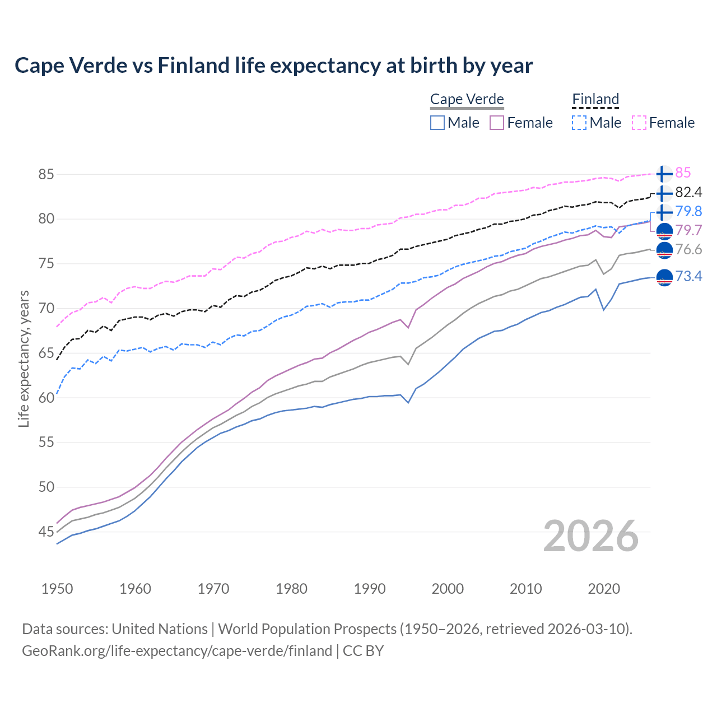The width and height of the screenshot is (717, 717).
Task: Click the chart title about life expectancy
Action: coord(273,66)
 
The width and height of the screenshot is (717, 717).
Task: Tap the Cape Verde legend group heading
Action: coord(467,99)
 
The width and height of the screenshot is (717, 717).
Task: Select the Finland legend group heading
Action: coord(595,99)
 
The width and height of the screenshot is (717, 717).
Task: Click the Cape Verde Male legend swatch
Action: coord(437,123)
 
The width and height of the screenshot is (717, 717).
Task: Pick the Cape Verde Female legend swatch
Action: coord(497,123)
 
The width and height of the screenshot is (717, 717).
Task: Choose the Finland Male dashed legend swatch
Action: coord(579,123)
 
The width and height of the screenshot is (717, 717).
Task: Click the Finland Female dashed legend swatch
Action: coord(639,123)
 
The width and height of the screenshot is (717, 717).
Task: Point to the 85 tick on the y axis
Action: coord(46,174)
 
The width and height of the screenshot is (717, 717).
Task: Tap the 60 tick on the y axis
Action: coord(46,398)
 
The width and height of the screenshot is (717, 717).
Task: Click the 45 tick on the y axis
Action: coord(46,532)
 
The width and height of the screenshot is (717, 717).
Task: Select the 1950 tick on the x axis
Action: coord(57,589)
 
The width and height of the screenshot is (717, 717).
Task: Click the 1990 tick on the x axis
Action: coord(370,589)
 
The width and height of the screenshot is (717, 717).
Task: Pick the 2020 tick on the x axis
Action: coord(604,589)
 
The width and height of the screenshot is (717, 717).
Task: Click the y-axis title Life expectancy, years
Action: coord(24,358)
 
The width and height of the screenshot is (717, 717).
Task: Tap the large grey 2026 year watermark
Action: coord(590,536)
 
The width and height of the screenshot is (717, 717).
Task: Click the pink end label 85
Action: coord(683,173)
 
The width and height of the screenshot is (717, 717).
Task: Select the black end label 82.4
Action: coord(688,192)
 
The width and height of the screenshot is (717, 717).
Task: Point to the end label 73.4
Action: coord(688,276)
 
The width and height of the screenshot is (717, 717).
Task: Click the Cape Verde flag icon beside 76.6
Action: coord(664,250)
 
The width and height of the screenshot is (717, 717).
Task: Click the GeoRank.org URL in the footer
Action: coord(177,650)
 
